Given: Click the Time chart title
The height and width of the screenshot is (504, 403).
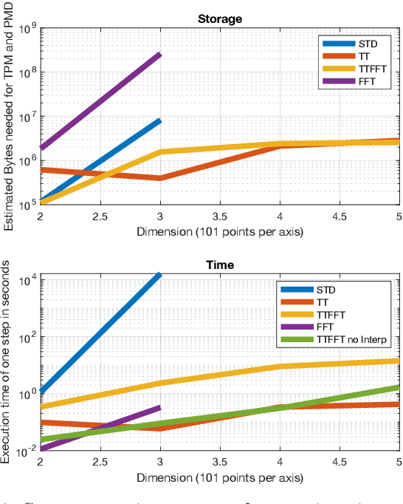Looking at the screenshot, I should pos(220,264).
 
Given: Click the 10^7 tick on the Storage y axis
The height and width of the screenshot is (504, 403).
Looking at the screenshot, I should pos(29,117).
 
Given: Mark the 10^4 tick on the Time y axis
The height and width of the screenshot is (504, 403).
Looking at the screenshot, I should pos(29,281).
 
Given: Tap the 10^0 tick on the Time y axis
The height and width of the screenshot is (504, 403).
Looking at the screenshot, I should pos(29,394).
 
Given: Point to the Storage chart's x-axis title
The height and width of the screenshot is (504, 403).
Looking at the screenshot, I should pos(220,231).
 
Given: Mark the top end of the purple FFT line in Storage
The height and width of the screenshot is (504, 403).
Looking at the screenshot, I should pos(159,55).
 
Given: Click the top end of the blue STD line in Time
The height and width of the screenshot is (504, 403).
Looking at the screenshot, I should pos(159,274).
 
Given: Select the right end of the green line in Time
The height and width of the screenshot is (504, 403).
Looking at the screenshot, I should pos(399,386).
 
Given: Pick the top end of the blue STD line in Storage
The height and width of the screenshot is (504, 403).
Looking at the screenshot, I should pos(159,120).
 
